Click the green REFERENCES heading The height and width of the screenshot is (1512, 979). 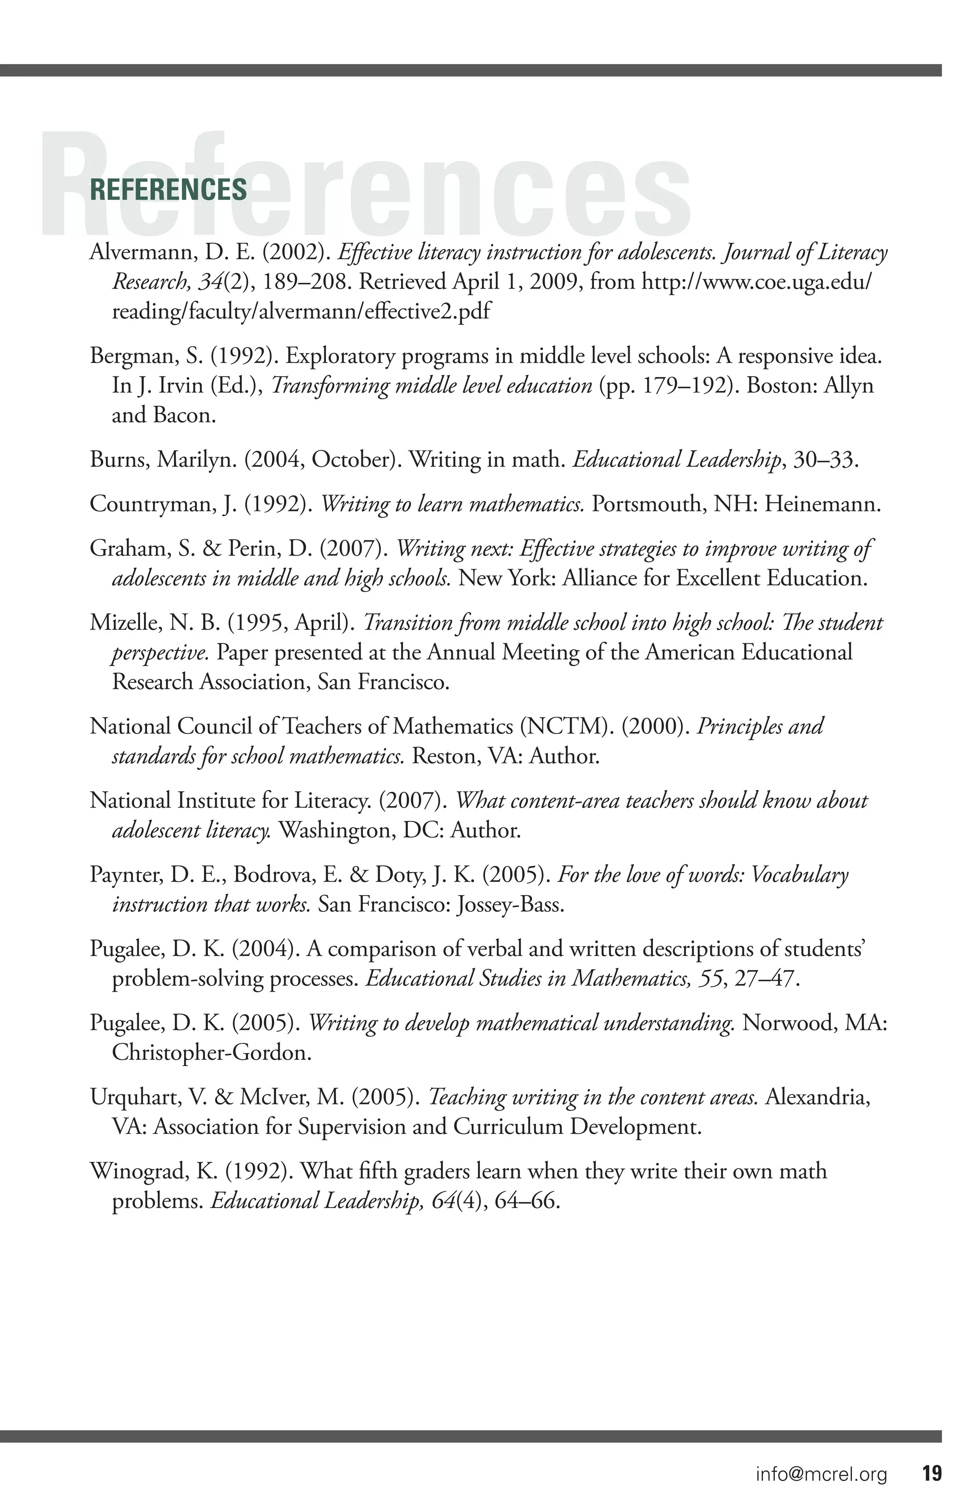pos(168,190)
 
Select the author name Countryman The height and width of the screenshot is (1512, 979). pos(151,504)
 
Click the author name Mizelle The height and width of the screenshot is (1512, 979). pos(124,623)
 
